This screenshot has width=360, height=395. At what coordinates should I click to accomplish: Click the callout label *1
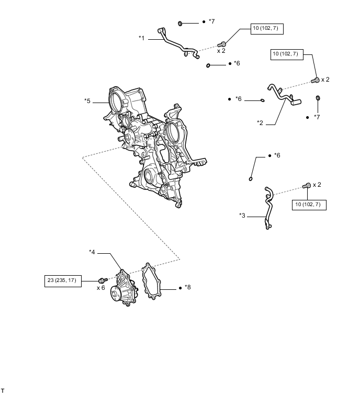tap(142, 38)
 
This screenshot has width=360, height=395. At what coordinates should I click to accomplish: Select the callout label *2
tap(260, 123)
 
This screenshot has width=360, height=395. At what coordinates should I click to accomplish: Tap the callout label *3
tap(242, 215)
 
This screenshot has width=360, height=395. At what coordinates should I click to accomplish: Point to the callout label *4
tap(92, 253)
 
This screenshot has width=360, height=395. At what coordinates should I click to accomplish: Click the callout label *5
tap(87, 100)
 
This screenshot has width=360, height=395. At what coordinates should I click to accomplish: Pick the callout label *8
tap(187, 287)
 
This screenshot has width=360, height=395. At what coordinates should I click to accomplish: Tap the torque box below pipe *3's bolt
tap(309, 204)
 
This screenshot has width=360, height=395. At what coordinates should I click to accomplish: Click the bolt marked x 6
tap(103, 280)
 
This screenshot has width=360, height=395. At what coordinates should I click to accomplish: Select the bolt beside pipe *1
tap(222, 43)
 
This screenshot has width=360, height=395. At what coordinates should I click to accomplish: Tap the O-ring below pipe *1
tap(209, 65)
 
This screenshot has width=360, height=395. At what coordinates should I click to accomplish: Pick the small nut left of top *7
tap(181, 23)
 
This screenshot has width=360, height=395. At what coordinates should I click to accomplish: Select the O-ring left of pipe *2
tap(262, 99)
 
